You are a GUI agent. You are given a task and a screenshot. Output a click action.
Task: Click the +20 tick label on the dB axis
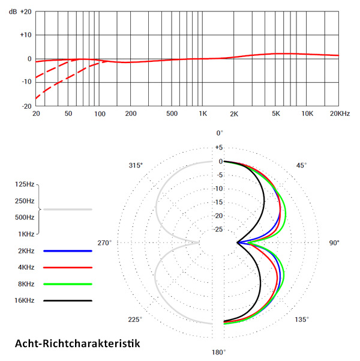[x=25, y=12]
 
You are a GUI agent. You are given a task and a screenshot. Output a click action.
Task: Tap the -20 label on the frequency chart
[x=26, y=106]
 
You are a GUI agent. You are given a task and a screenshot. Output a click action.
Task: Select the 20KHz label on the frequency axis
[x=340, y=114]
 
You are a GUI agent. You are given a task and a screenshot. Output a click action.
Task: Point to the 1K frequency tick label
[x=203, y=114]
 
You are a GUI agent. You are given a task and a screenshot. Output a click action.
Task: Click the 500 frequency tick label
[x=172, y=114]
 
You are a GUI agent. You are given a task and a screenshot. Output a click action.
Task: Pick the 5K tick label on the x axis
[x=276, y=114]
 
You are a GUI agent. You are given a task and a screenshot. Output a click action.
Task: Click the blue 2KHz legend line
[x=67, y=250]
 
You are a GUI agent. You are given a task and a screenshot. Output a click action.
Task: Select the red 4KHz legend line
[x=67, y=267]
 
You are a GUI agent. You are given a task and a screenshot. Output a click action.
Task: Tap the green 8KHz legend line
[x=67, y=284]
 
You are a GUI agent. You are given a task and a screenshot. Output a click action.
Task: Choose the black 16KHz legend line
[x=67, y=300]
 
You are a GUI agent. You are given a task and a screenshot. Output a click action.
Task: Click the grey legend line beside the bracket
[x=67, y=210]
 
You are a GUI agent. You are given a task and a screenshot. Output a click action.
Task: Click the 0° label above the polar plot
[x=219, y=133]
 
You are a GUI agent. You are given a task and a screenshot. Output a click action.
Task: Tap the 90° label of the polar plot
[x=334, y=243]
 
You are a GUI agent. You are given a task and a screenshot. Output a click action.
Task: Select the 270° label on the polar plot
[x=106, y=243]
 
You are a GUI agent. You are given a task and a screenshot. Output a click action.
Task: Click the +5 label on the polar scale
[x=219, y=147]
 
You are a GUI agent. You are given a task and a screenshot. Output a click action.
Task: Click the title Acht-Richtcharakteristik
[x=76, y=344]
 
